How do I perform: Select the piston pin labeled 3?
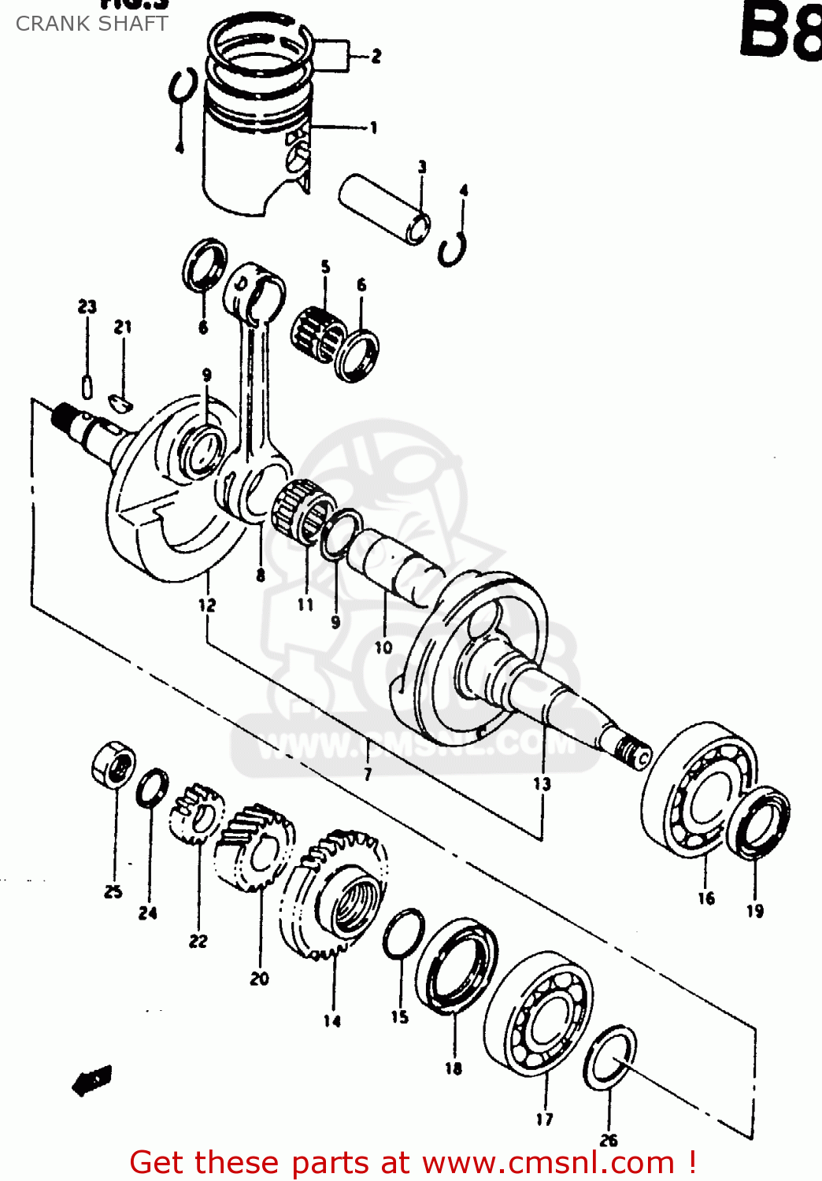click(x=385, y=209)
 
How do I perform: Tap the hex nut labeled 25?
click(x=113, y=763)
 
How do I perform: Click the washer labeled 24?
click(x=152, y=787)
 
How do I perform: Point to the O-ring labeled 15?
click(x=403, y=934)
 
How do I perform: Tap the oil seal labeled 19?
click(x=759, y=823)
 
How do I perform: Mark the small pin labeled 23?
click(x=87, y=387)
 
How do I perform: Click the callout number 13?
click(x=542, y=783)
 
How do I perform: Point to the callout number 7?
click(x=368, y=775)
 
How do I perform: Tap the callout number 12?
click(x=206, y=605)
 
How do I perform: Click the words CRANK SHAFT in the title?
click(x=91, y=24)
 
